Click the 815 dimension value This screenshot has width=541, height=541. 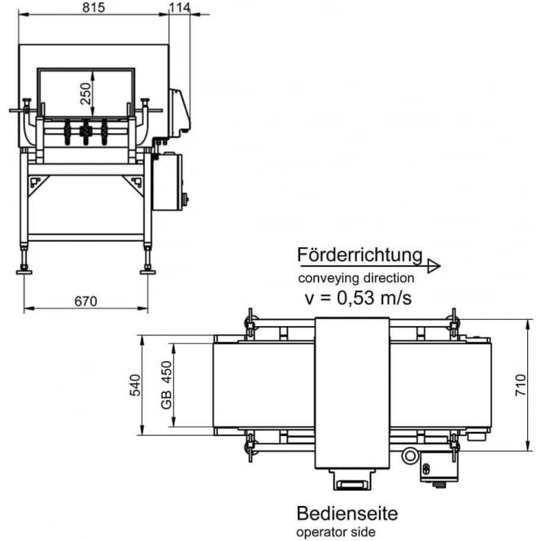pyautogui.click(x=94, y=7)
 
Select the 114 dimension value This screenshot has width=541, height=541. pyautogui.click(x=180, y=7)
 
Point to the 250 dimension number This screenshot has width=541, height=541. pyautogui.click(x=85, y=96)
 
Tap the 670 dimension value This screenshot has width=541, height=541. pyautogui.click(x=85, y=301)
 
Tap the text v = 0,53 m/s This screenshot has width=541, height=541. pyautogui.click(x=358, y=298)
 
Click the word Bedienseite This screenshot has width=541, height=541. pyautogui.click(x=347, y=514)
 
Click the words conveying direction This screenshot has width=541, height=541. pyautogui.click(x=356, y=278)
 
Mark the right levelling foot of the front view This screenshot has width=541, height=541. pyautogui.click(x=148, y=268)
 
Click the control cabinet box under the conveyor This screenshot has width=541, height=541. pyautogui.click(x=168, y=182)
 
